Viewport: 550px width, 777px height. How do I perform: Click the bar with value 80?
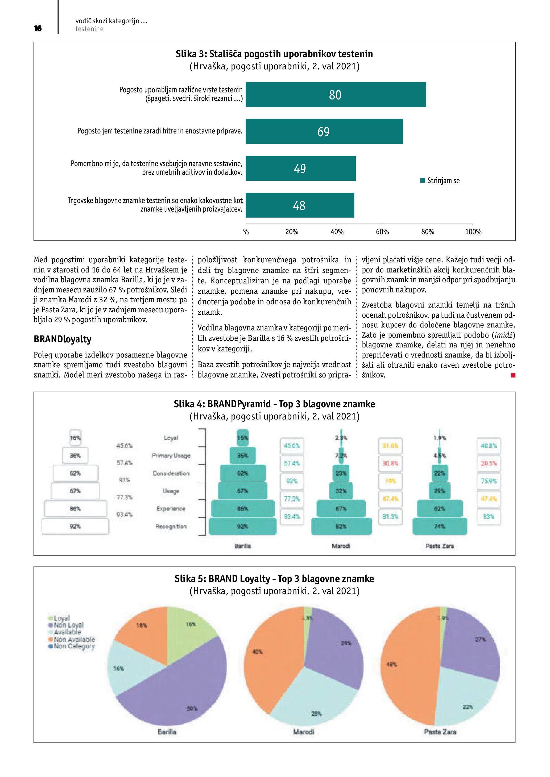coord(335,94)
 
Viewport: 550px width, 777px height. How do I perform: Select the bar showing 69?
coord(324,131)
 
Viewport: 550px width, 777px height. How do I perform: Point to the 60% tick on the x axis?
coord(382,232)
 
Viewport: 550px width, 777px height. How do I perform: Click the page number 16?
coord(38,28)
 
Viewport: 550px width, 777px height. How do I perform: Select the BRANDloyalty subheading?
coord(62,339)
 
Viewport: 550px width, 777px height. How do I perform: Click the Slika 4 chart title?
coord(274,404)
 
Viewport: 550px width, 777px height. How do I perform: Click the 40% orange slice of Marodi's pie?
coord(267,660)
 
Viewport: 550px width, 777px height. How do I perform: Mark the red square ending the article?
coord(513,375)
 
